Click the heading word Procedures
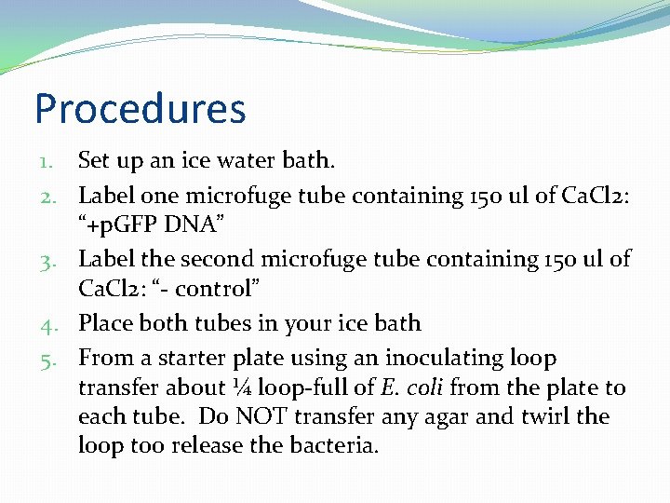click(x=140, y=109)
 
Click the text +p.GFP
click(x=125, y=225)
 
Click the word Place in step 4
click(x=105, y=323)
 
